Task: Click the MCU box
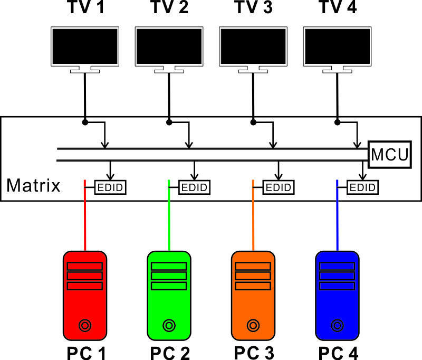[x=389, y=155]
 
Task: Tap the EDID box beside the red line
[x=110, y=187]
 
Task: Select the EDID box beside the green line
[x=194, y=187]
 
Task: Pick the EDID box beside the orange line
[x=279, y=187]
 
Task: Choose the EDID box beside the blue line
[x=362, y=187]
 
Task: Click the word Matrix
[x=33, y=185]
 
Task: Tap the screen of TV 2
[x=169, y=46]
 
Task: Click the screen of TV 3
[x=253, y=46]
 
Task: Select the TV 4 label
[x=338, y=8]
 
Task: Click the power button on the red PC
[x=84, y=325]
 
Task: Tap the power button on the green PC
[x=169, y=325]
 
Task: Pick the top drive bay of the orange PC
[x=253, y=266]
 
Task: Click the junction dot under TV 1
[x=84, y=122]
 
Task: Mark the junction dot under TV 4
[x=337, y=122]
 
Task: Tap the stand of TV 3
[x=253, y=69]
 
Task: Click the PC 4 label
[x=338, y=353]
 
